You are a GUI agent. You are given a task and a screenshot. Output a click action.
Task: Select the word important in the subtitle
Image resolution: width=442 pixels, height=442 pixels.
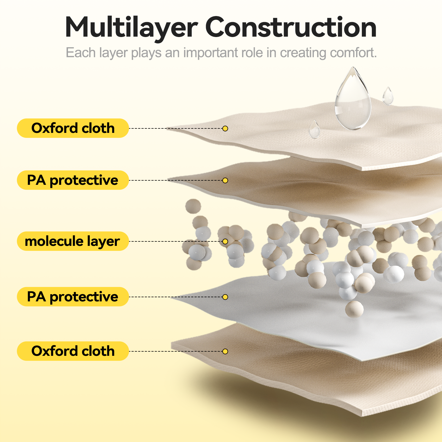pos(223,52)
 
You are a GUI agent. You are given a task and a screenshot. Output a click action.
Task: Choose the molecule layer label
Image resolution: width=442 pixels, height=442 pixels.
pos(73,241)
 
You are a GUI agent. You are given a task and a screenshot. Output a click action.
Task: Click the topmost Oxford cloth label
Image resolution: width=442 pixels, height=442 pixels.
pos(73,128)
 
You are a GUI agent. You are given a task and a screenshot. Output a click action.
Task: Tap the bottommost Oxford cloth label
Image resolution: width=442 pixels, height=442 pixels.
pos(73,351)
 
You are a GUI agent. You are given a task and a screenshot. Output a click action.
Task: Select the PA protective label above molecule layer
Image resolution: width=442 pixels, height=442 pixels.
pos(73,180)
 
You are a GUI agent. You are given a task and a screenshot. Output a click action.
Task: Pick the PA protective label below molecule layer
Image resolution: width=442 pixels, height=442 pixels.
pos(73,297)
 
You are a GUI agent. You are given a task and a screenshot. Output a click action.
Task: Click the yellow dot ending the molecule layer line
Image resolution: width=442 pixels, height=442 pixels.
pos(225,241)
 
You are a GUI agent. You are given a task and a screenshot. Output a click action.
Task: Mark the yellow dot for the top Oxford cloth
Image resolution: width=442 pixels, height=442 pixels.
pos(225,128)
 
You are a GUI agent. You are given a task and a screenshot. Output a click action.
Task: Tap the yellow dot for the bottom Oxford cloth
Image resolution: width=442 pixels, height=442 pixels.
pos(225,351)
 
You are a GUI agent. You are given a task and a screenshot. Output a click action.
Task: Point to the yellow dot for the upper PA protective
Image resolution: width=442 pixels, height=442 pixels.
pos(225,180)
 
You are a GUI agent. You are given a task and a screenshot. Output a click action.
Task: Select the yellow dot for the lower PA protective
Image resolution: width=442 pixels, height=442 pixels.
pos(225,297)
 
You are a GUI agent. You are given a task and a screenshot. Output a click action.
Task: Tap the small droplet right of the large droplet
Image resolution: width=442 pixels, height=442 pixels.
pos(388,96)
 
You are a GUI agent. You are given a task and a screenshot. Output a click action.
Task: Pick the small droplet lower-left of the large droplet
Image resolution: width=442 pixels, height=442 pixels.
pos(314,129)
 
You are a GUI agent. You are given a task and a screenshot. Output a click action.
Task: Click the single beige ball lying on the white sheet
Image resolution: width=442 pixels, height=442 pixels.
pos(354,309)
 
